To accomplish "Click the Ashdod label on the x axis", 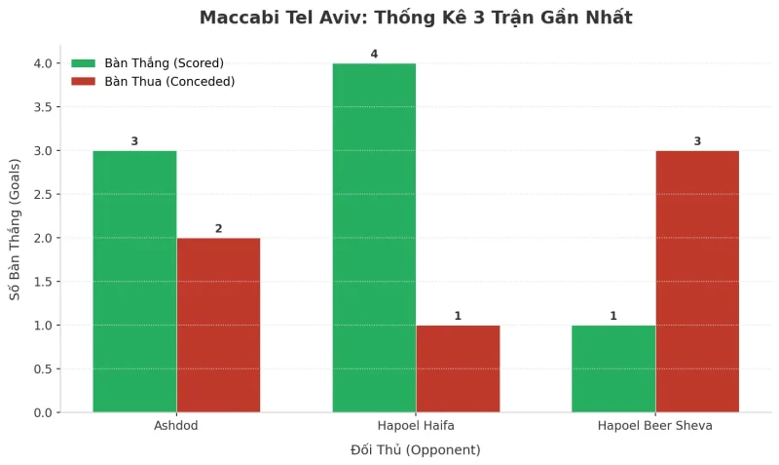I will coord(176,427).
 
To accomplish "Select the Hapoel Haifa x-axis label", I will coord(416,427).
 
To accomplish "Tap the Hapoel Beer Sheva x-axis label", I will coord(655,427).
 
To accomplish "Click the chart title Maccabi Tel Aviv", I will coord(416,18).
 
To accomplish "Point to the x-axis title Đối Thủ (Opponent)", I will coord(416,450).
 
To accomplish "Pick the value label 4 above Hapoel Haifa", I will coord(374,54).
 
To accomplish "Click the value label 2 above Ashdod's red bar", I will coord(218,229).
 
